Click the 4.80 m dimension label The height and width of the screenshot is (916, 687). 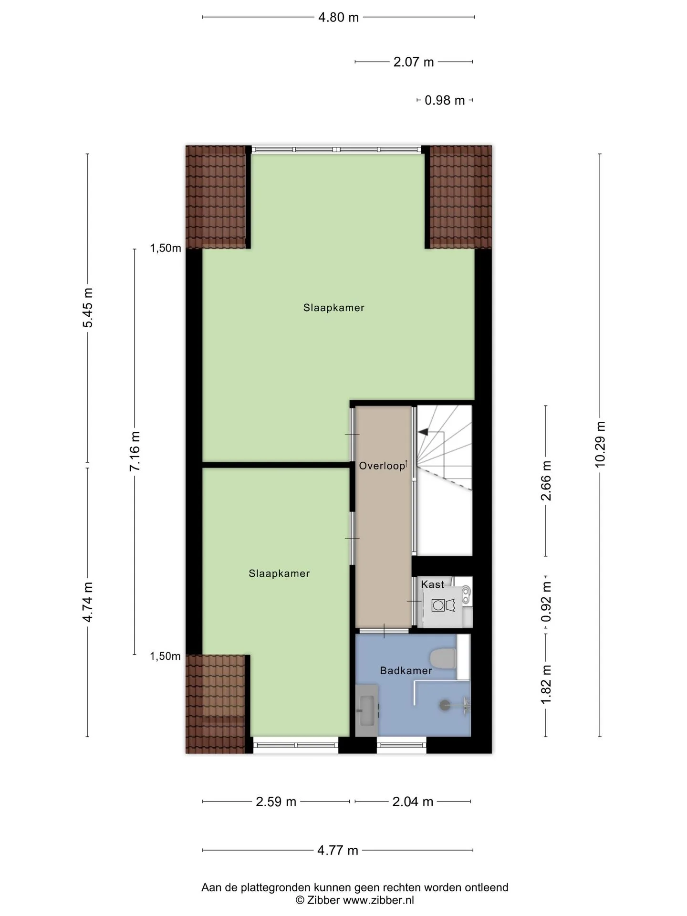338,18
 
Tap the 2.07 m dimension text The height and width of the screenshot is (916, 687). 414,62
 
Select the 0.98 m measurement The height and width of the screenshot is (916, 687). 445,101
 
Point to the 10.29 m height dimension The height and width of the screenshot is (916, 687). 600,444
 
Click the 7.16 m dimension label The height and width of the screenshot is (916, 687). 135,451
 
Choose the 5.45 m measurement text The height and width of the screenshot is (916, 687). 88,308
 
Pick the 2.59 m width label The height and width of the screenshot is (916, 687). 276,802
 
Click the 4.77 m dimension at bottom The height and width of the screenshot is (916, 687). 338,851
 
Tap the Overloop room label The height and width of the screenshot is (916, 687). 382,466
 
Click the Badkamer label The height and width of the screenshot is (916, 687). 406,671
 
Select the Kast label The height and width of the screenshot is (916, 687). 432,584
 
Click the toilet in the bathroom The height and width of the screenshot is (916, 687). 444,659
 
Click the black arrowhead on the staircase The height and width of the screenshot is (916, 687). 423,432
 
